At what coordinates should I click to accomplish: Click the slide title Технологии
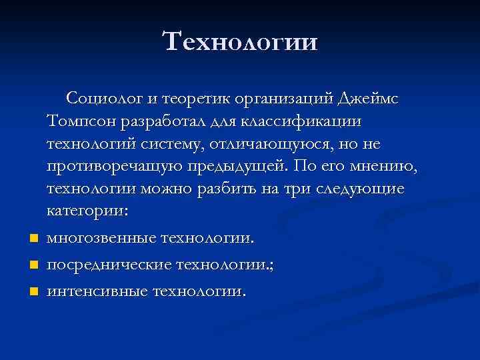(240, 41)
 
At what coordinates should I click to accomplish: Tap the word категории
(89, 211)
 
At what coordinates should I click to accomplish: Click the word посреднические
(107, 264)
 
